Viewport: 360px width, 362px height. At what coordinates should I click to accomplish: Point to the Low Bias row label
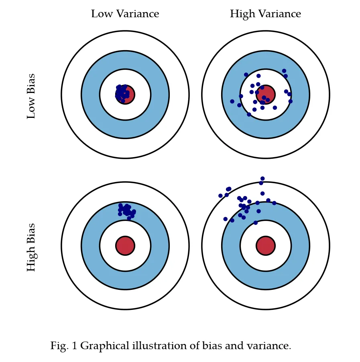pos(31,96)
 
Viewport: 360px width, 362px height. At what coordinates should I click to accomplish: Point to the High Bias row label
pos(31,247)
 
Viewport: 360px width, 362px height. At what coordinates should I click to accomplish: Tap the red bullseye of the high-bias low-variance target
pos(125,246)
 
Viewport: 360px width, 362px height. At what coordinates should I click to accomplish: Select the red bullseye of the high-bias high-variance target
pos(266,246)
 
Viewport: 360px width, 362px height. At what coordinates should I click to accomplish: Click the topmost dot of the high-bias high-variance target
pos(262,178)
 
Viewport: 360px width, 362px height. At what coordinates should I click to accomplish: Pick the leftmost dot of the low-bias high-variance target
pos(232,101)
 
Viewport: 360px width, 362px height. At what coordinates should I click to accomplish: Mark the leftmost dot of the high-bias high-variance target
pos(220,196)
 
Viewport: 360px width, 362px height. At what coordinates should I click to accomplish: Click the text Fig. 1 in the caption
pos(63,346)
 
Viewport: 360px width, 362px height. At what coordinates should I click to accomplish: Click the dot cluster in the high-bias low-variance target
pos(126,210)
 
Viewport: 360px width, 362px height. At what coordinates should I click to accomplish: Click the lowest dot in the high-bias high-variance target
pos(256,222)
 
